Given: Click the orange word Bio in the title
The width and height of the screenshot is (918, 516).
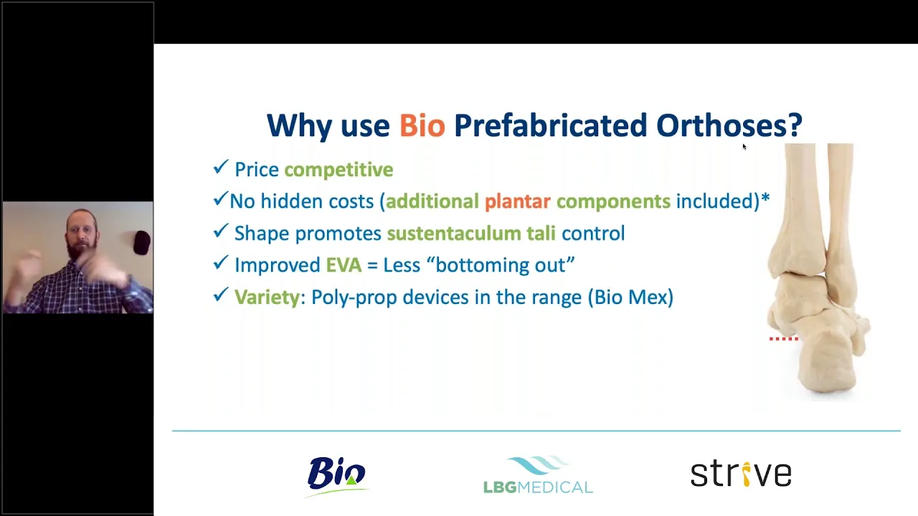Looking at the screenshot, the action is pyautogui.click(x=422, y=125).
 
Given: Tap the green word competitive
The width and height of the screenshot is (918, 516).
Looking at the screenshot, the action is pyautogui.click(x=339, y=170).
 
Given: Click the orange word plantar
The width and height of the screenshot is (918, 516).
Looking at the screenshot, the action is pyautogui.click(x=518, y=201).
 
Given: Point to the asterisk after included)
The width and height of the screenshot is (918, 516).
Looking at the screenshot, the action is pyautogui.click(x=765, y=199).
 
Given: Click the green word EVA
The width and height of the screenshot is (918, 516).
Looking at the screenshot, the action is pyautogui.click(x=344, y=265).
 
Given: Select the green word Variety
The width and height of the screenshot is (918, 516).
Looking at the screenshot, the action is pyautogui.click(x=268, y=297).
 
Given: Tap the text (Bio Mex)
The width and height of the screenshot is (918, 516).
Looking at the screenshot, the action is pyautogui.click(x=630, y=297).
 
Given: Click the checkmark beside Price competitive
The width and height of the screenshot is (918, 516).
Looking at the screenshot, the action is pyautogui.click(x=220, y=167).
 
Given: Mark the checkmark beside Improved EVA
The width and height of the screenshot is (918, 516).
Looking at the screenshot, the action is pyautogui.click(x=220, y=262).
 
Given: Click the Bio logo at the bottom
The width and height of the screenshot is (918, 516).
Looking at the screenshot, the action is pyautogui.click(x=337, y=477).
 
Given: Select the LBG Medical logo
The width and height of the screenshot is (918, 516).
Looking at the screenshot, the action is pyautogui.click(x=538, y=474).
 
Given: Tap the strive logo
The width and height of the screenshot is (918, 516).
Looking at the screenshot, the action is pyautogui.click(x=741, y=474).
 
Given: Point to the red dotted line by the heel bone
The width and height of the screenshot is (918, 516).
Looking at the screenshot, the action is pyautogui.click(x=784, y=339).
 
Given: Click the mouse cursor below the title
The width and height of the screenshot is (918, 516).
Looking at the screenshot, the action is pyautogui.click(x=744, y=147).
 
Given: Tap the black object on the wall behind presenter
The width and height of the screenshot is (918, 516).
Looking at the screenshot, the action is pyautogui.click(x=142, y=243).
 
